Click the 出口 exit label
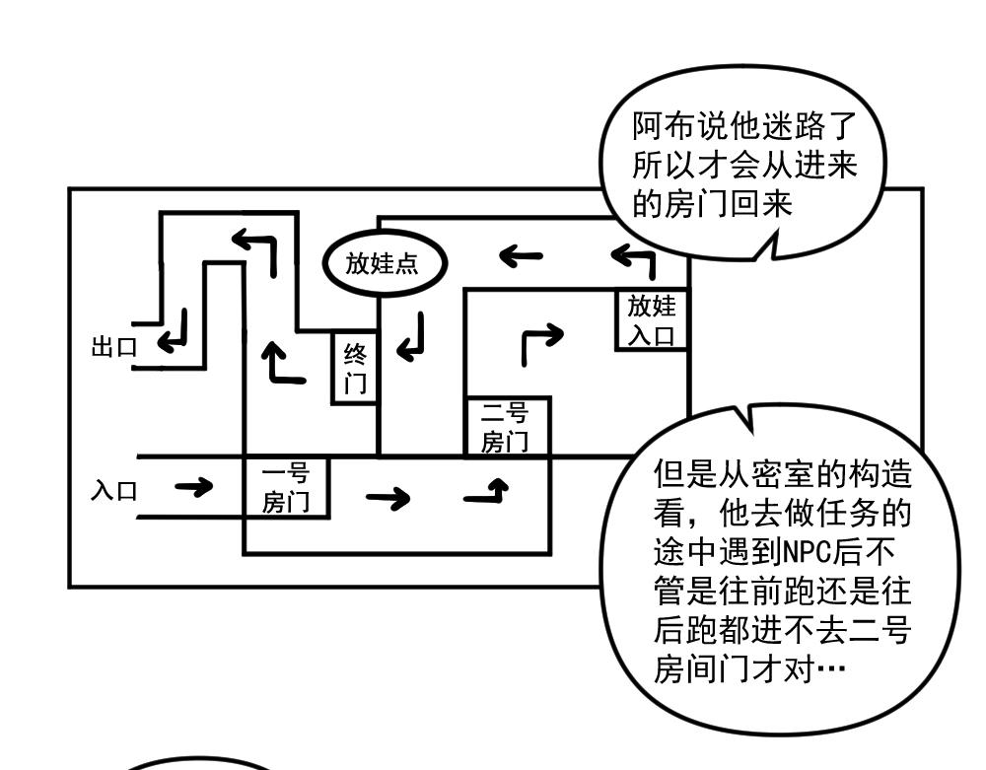click(112, 347)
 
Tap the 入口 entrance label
click(114, 490)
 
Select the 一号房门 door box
click(286, 488)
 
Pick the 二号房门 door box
click(506, 427)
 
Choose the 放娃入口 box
click(651, 319)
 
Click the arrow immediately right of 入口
click(193, 487)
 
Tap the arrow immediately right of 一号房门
click(387, 499)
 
